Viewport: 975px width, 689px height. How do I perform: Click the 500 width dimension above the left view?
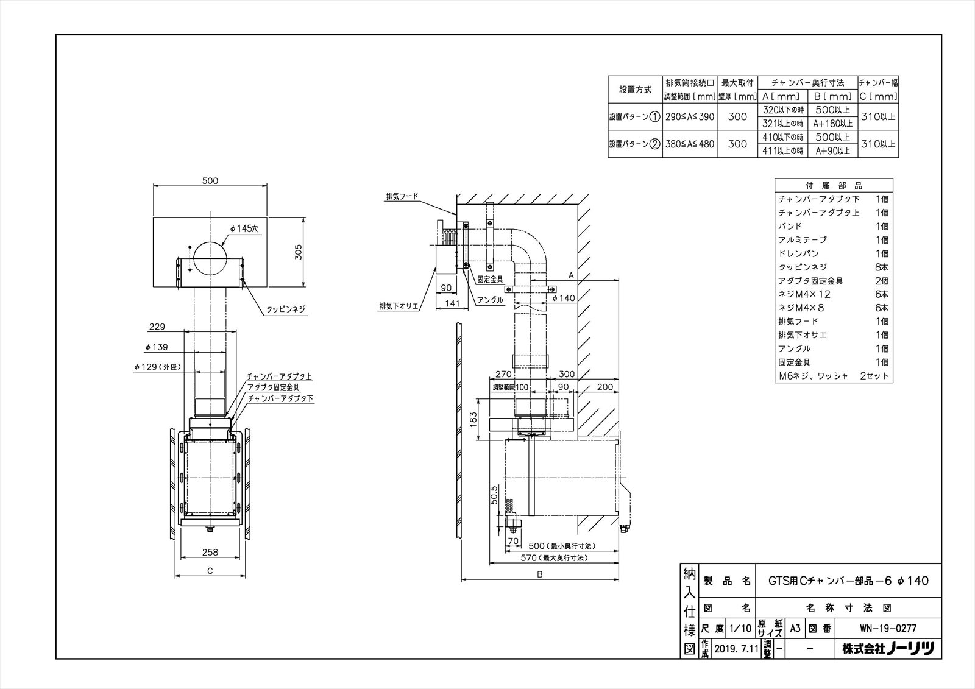coord(210,180)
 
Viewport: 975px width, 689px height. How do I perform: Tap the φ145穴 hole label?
coord(244,228)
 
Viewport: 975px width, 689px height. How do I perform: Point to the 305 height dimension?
coord(299,251)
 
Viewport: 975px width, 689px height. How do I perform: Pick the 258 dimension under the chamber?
coord(210,553)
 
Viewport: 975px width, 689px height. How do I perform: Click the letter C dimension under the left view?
coord(210,571)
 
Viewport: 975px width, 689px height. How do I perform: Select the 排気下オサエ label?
coord(399,306)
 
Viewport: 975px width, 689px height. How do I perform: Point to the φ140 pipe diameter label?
coord(564,298)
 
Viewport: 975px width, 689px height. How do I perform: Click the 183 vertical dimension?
coord(474,419)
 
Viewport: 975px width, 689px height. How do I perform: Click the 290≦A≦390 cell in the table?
coord(690,116)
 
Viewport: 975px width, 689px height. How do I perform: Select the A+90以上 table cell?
coord(833,151)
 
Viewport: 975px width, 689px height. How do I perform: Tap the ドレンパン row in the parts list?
coord(798,253)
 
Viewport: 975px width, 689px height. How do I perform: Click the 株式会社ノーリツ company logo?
coord(888,649)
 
